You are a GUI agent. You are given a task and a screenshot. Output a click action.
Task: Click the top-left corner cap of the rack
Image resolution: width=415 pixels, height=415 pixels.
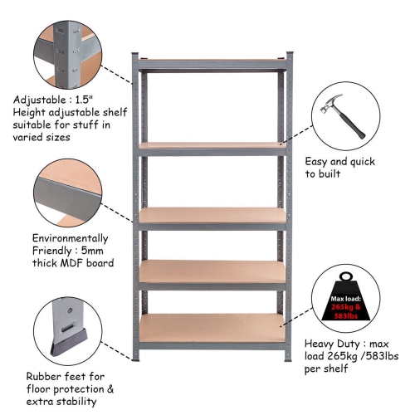(136, 56)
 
